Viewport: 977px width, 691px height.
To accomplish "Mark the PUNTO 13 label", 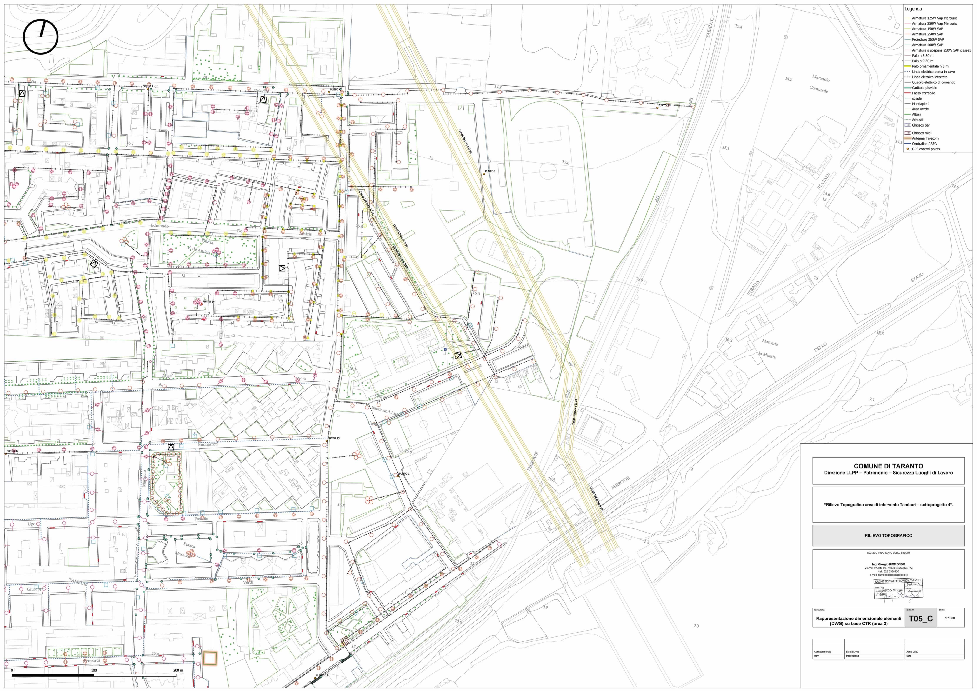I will pos(334,438).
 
